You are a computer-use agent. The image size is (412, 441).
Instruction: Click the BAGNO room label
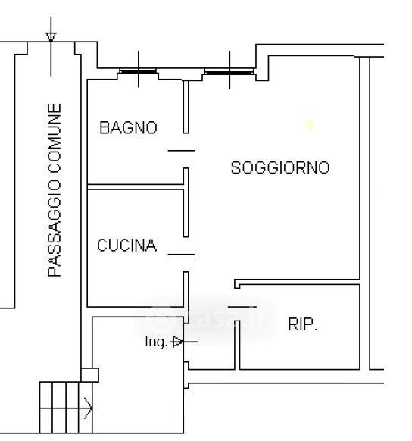[x=128, y=128]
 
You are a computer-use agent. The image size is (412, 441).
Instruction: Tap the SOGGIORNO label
[x=280, y=167]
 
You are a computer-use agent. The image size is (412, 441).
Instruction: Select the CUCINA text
[x=126, y=246]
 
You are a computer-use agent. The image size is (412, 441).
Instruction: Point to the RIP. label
[x=302, y=324]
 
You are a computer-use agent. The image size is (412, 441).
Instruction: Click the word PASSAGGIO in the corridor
[x=55, y=228]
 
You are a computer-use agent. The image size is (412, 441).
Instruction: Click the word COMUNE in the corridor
[x=55, y=139]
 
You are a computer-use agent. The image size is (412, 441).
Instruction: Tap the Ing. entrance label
[x=156, y=342]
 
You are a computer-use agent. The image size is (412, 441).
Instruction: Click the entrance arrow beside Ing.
[x=184, y=342]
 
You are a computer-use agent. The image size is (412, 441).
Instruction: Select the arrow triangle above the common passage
[x=51, y=37]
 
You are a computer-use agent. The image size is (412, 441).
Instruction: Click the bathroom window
[x=138, y=71]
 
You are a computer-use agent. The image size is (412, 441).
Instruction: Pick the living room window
[x=229, y=72]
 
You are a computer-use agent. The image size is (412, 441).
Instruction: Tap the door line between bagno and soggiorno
[x=182, y=151]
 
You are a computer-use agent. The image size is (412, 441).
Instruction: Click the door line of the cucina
[x=182, y=255]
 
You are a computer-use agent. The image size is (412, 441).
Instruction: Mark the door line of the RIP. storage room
[x=242, y=307]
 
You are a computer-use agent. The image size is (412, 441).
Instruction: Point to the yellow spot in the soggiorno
[x=310, y=125]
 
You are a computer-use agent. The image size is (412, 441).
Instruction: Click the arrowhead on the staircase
[x=88, y=408]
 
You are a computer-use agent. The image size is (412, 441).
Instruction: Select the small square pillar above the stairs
[x=89, y=375]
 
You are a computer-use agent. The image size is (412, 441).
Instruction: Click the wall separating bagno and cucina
[x=136, y=186]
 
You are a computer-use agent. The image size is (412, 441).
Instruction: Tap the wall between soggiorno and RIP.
[x=297, y=282]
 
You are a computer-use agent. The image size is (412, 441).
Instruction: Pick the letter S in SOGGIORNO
[x=236, y=167]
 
